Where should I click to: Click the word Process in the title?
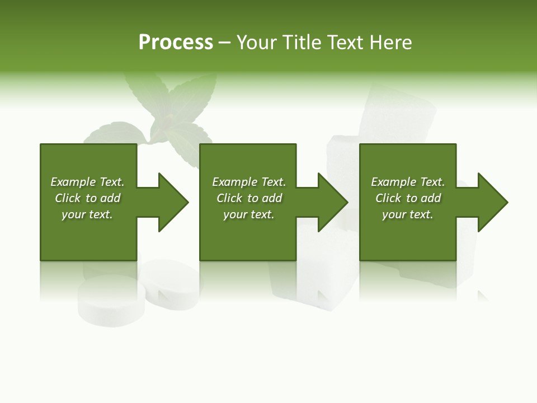tap(176, 43)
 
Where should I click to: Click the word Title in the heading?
tap(301, 43)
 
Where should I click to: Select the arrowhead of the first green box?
tap(170, 202)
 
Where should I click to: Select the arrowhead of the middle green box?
tap(330, 202)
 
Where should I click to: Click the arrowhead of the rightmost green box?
tap(490, 202)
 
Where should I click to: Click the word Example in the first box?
tap(73, 182)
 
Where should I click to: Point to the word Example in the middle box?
tap(234, 182)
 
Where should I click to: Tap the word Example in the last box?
tap(393, 182)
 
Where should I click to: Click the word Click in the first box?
tap(68, 198)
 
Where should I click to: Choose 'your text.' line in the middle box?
tap(248, 214)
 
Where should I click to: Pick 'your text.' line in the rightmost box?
tap(408, 214)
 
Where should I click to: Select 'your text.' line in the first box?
tap(87, 214)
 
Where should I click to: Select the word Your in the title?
tap(256, 43)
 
